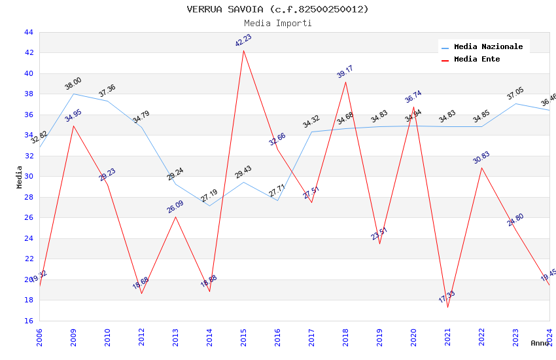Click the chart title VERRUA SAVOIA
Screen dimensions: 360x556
[x=277, y=9]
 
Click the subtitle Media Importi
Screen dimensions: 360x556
[x=277, y=23]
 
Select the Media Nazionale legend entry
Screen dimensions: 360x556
[x=488, y=46]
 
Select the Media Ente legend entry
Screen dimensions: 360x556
[x=477, y=59]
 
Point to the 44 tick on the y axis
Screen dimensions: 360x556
[x=29, y=32]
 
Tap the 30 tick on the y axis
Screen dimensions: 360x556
[x=29, y=176]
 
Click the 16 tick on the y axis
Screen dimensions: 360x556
[x=29, y=321]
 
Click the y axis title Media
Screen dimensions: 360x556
[x=20, y=177]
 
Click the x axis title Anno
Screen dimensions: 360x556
[x=540, y=343]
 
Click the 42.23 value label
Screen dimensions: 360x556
[x=243, y=41]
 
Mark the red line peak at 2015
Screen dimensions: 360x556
[x=243, y=50]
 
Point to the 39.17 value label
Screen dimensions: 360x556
[x=345, y=71]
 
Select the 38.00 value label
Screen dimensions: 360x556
[x=73, y=84]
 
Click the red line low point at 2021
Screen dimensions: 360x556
[x=447, y=307]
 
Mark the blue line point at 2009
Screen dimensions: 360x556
[x=73, y=94]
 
